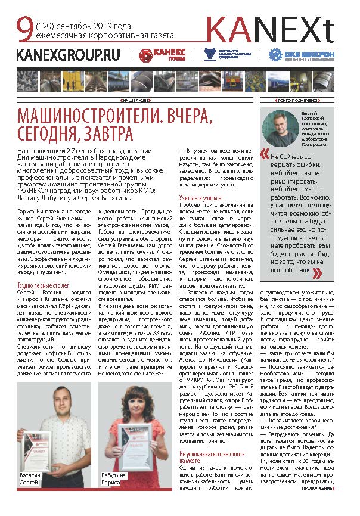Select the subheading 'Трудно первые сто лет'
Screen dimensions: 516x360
(44, 286)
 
